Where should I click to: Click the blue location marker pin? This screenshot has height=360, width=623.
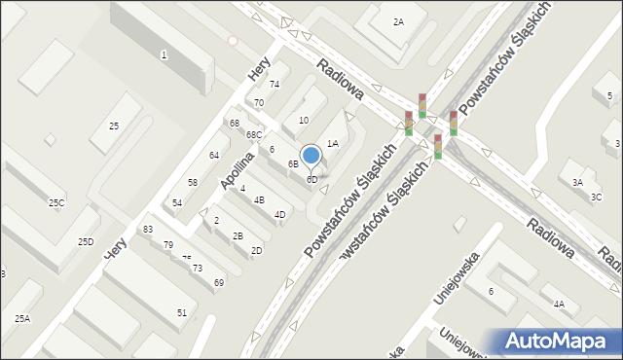click(311, 156)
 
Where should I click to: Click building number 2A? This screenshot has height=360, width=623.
click(398, 22)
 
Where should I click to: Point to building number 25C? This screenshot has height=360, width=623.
click(56, 202)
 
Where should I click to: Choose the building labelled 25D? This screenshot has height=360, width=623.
click(86, 241)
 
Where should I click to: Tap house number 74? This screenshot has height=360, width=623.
click(275, 85)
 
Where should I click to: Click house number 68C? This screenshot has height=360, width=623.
click(253, 134)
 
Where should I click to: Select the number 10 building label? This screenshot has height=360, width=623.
click(304, 121)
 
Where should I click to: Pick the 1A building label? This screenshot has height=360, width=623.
click(332, 143)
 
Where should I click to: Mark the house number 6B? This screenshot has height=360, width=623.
click(293, 163)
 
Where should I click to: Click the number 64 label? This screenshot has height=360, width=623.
click(214, 156)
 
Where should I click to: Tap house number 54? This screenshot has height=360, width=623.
click(177, 202)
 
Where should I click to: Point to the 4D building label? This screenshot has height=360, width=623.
click(279, 215)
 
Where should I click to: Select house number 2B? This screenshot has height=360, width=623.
click(238, 236)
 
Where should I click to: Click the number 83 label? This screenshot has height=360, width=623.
click(148, 229)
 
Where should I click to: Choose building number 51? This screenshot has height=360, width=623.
click(182, 312)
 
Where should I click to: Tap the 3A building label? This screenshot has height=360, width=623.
click(577, 183)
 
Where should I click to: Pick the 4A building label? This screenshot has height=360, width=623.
click(559, 304)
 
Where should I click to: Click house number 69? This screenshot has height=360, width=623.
click(219, 282)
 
